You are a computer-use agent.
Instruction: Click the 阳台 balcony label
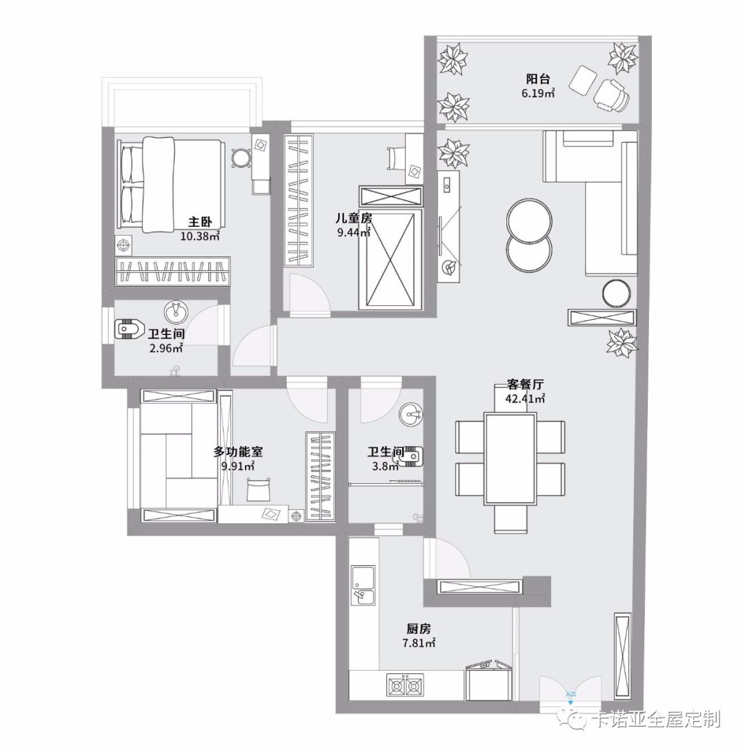coord(537,79)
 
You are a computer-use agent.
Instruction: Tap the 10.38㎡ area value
coord(200,236)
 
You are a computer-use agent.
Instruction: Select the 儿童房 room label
coord(354,219)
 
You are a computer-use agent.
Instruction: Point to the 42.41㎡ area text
coord(525,398)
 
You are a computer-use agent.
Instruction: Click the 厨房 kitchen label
coord(419,629)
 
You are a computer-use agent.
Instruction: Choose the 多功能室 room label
coord(238,451)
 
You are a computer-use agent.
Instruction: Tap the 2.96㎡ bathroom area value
coord(166,348)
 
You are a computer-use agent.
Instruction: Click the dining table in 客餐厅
coord(510,458)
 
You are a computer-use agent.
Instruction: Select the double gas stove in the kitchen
coord(405,687)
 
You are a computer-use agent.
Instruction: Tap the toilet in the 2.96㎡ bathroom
coord(130,329)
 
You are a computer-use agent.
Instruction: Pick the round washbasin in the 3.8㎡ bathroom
coord(411,413)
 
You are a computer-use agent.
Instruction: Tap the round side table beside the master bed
coord(241,157)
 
